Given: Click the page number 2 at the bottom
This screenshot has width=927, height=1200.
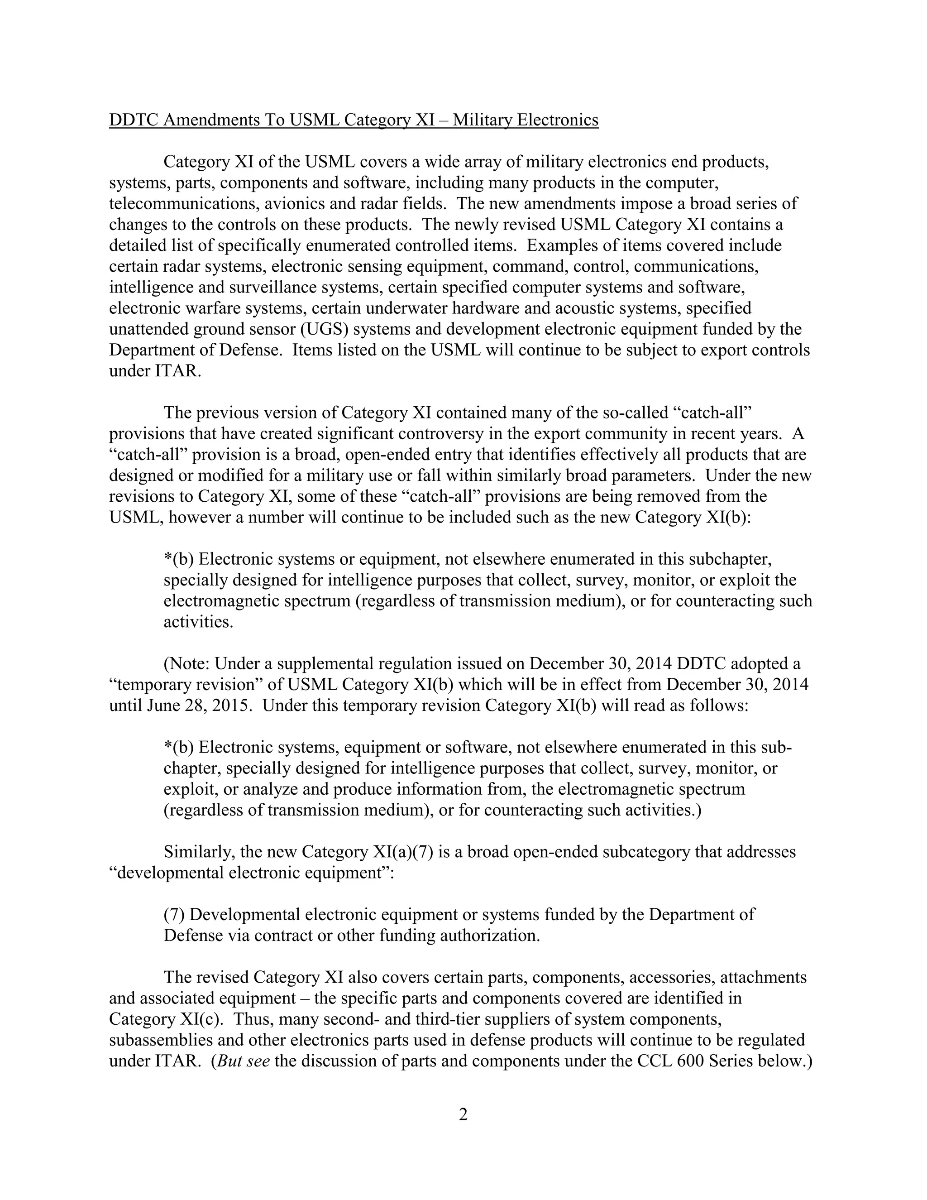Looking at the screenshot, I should [463, 1115].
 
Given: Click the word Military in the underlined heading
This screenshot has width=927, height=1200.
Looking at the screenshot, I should [482, 120].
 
